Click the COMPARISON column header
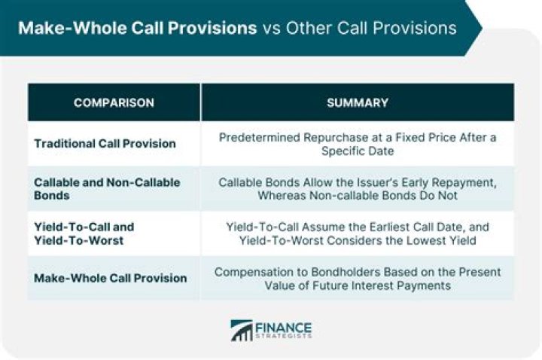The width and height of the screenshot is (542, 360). [x=114, y=102]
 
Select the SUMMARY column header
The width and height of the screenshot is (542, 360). [x=358, y=102]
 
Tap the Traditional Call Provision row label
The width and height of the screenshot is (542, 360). [x=105, y=144]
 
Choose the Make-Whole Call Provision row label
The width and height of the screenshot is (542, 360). [x=110, y=278]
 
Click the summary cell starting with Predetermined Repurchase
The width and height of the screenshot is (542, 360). [x=358, y=144]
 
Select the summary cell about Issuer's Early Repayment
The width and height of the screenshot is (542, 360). [x=358, y=188]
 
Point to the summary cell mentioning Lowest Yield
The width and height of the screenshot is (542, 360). [x=358, y=233]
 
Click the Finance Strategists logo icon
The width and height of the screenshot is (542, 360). [x=242, y=331]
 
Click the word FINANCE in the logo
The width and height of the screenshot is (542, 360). [x=283, y=326]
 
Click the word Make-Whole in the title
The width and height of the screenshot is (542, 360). [x=60, y=28]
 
